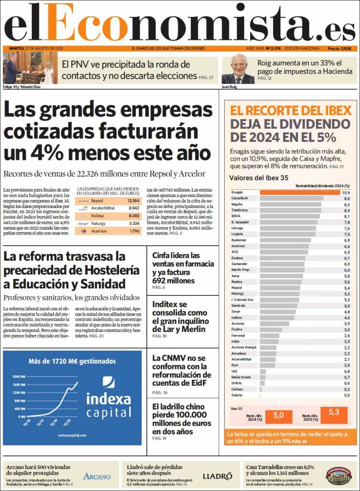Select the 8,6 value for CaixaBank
click(346, 198)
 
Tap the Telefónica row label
click(240, 210)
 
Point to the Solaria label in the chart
click(237, 395)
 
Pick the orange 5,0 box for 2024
click(278, 415)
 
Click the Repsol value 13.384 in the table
click(134, 200)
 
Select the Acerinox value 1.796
click(134, 231)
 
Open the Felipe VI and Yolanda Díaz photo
click(30, 68)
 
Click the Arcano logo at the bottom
click(97, 476)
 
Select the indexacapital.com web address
click(72, 435)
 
